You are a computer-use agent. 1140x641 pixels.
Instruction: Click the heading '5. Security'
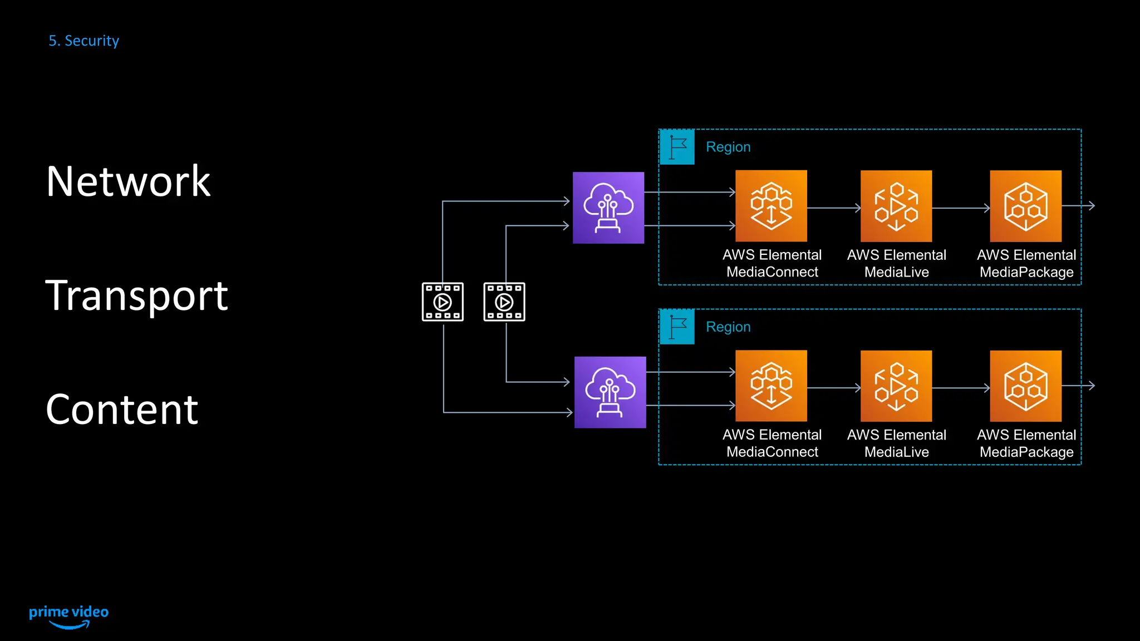83,41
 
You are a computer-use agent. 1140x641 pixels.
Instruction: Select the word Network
128,181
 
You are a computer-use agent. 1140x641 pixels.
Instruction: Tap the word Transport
136,295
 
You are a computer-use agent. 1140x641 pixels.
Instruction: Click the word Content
121,410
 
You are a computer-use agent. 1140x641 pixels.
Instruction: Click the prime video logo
68,616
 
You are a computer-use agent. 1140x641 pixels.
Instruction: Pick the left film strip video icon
443,302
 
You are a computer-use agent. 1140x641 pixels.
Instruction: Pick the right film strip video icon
504,302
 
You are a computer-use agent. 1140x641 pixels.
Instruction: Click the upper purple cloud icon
608,208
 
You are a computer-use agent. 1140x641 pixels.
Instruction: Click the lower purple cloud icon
610,392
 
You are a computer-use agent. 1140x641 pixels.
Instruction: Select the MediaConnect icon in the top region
771,206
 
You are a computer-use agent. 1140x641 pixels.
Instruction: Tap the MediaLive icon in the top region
896,206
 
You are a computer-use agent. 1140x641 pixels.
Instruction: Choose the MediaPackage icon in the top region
1025,206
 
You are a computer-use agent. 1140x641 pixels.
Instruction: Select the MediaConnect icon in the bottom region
771,386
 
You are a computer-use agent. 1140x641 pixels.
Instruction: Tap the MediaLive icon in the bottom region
896,386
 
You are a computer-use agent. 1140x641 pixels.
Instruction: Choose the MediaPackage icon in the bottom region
1025,386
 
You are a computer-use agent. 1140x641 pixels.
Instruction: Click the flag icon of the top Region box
677,147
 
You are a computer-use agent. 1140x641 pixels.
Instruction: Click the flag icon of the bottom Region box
677,327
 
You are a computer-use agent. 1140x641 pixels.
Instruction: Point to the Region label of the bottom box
728,327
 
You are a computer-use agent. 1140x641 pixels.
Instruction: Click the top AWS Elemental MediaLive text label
896,263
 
